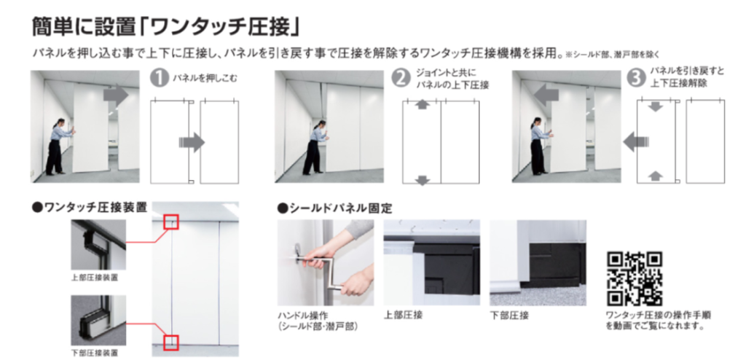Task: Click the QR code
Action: click(x=635, y=278)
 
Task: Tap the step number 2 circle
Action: click(x=401, y=78)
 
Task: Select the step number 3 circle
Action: click(x=637, y=78)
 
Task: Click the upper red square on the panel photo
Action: click(x=171, y=222)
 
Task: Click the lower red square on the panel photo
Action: click(x=171, y=342)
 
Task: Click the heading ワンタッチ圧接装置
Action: click(x=90, y=207)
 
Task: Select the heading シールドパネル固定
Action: click(x=335, y=208)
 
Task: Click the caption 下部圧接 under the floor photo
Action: click(x=509, y=316)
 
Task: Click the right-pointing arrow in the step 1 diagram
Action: click(x=192, y=142)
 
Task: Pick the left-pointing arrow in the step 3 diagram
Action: click(x=635, y=141)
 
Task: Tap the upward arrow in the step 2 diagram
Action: click(x=422, y=104)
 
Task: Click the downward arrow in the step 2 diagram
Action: click(x=422, y=181)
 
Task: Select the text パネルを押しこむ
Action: click(x=205, y=79)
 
